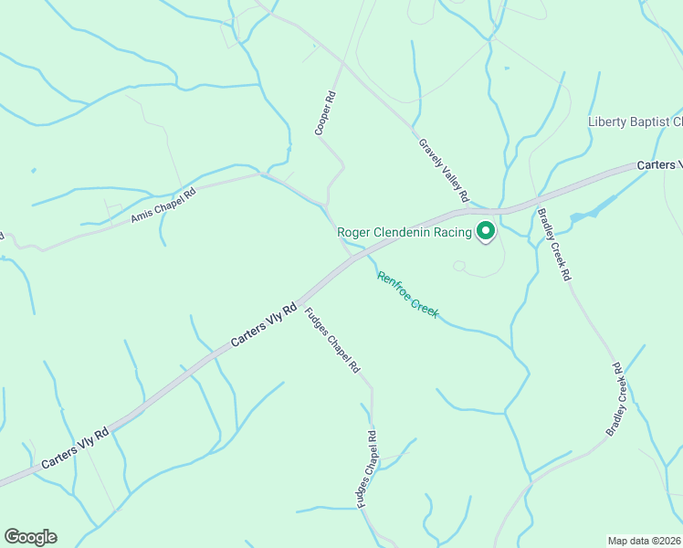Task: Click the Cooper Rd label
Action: [326, 113]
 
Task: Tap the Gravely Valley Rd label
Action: [444, 170]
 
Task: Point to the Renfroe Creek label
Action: [408, 295]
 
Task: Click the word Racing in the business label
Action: [447, 233]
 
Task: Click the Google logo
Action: [30, 537]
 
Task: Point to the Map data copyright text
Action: [644, 541]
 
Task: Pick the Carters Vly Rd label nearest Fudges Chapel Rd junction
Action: [264, 325]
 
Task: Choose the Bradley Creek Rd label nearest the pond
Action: [554, 244]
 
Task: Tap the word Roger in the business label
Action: [356, 233]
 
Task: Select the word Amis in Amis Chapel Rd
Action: [142, 216]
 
